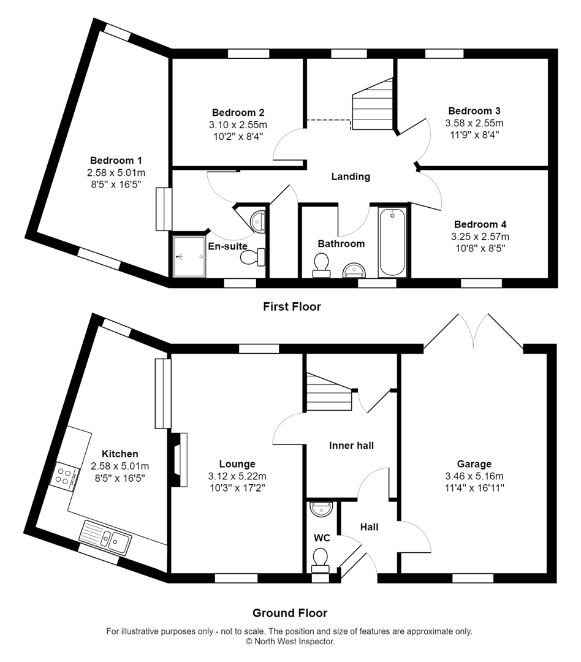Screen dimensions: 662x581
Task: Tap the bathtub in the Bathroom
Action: click(392, 242)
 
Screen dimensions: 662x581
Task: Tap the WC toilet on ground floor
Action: click(320, 559)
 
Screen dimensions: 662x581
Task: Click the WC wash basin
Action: click(322, 509)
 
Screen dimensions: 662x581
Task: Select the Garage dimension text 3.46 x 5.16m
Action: click(474, 476)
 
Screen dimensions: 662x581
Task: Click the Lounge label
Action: click(237, 464)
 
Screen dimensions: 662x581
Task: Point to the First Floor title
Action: click(292, 306)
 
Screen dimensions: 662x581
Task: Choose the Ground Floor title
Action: click(290, 613)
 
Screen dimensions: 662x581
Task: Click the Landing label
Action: click(351, 177)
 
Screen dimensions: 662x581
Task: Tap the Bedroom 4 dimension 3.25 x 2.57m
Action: click(480, 236)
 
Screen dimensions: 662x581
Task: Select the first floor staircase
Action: click(373, 105)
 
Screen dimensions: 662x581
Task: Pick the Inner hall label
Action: click(351, 446)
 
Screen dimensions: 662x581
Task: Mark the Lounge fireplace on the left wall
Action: click(179, 460)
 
